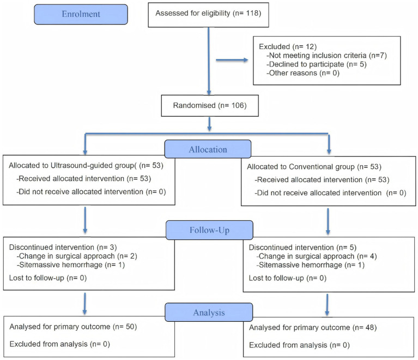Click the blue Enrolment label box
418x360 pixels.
pos(81,14)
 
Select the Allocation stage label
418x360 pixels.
pos(208,149)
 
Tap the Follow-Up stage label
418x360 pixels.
pos(209,230)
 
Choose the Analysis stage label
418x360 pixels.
pos(209,312)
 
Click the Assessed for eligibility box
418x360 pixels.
pos(209,15)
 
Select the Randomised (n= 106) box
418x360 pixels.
pos(210,106)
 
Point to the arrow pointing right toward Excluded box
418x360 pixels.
pos(232,60)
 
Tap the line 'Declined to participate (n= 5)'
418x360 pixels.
pos(317,64)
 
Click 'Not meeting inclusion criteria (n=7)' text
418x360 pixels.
pos(326,56)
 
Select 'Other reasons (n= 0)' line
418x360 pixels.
pos(303,73)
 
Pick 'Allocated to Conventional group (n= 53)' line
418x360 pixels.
pos(314,167)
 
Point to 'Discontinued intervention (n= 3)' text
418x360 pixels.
pos(63,248)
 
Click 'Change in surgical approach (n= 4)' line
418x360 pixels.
pos(317,256)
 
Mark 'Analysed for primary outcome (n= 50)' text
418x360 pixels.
pos(73,327)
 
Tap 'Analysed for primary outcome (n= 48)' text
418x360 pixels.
pos(313,328)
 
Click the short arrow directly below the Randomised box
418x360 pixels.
pos(209,124)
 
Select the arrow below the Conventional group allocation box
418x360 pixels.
pos(328,221)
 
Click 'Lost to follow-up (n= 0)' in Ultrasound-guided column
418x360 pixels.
pos(48,278)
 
